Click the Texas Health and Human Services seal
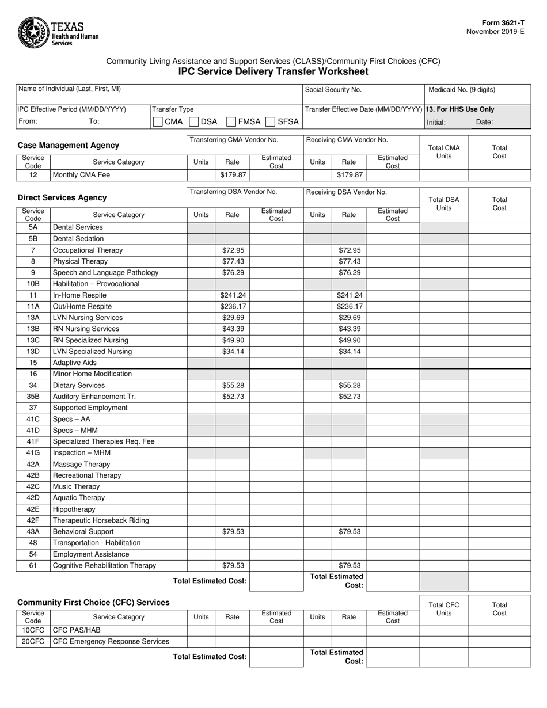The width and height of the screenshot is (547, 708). [34, 33]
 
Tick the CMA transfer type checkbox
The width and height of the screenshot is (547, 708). [158, 121]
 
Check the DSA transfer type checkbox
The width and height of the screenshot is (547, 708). [194, 121]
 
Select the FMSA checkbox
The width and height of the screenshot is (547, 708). [231, 121]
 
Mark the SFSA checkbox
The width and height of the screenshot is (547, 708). [270, 121]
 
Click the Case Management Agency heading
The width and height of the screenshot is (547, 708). [69, 146]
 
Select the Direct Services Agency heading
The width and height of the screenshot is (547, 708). [62, 197]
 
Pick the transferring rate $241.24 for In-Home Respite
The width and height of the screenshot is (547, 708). [233, 295]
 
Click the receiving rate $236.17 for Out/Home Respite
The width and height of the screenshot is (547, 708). [349, 306]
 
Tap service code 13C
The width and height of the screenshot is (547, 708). [33, 340]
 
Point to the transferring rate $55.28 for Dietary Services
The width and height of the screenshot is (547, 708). [233, 385]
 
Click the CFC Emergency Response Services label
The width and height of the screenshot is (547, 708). [111, 641]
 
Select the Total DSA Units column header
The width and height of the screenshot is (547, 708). [444, 204]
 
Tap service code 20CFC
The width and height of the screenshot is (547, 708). [33, 641]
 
